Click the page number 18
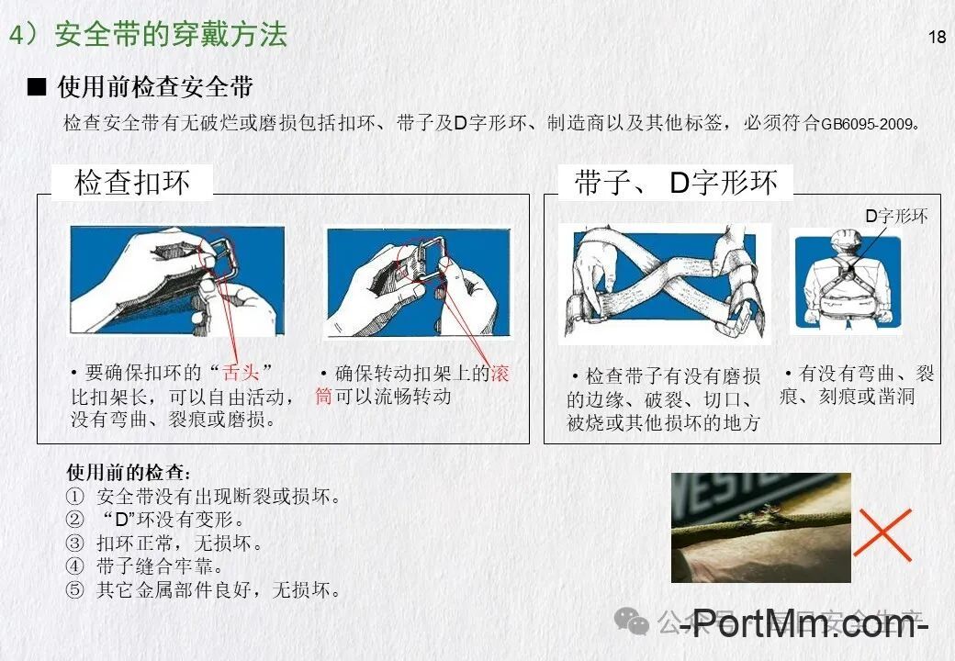[x=937, y=38]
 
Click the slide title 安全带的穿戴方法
[x=171, y=35]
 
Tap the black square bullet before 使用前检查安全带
[x=37, y=88]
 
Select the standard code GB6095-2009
[x=868, y=124]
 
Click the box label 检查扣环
[x=132, y=183]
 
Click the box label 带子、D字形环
[x=676, y=183]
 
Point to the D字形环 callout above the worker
[x=896, y=217]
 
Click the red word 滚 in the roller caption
[x=500, y=374]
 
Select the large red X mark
[x=882, y=534]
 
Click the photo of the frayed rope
[x=760, y=528]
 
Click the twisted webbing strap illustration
[x=665, y=283]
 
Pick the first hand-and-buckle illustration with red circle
[x=177, y=280]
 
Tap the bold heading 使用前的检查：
[x=129, y=473]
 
